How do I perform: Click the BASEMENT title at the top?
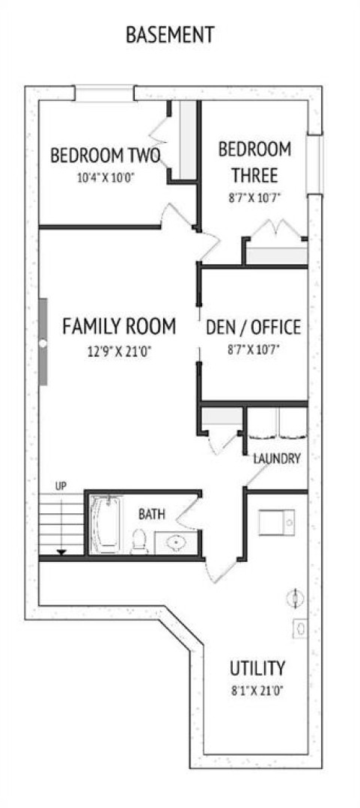pyautogui.click(x=170, y=35)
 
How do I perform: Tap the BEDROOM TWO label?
pyautogui.click(x=106, y=155)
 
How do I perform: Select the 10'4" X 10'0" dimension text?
pyautogui.click(x=106, y=178)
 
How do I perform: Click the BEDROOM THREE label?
pyautogui.click(x=254, y=162)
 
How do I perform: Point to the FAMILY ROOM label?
pyautogui.click(x=119, y=326)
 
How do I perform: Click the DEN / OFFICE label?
pyautogui.click(x=253, y=327)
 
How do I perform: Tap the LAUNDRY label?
pyautogui.click(x=277, y=459)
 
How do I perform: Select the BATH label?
pyautogui.click(x=152, y=514)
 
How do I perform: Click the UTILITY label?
pyautogui.click(x=257, y=668)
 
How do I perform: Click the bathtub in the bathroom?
pyautogui.click(x=106, y=524)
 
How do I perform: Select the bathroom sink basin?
pyautogui.click(x=177, y=542)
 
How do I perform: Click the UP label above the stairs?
pyautogui.click(x=61, y=486)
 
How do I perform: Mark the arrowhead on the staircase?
pyautogui.click(x=62, y=552)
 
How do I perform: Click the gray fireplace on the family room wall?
pyautogui.click(x=43, y=342)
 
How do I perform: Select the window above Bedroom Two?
pyautogui.click(x=105, y=94)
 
